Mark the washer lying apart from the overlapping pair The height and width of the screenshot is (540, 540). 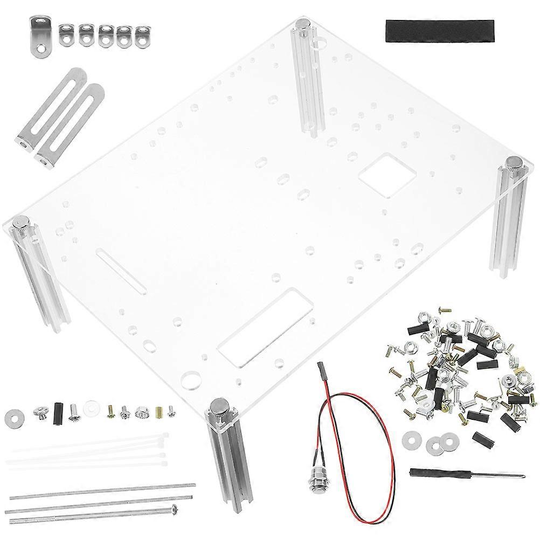(412, 439)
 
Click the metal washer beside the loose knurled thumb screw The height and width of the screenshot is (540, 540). (13, 418)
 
